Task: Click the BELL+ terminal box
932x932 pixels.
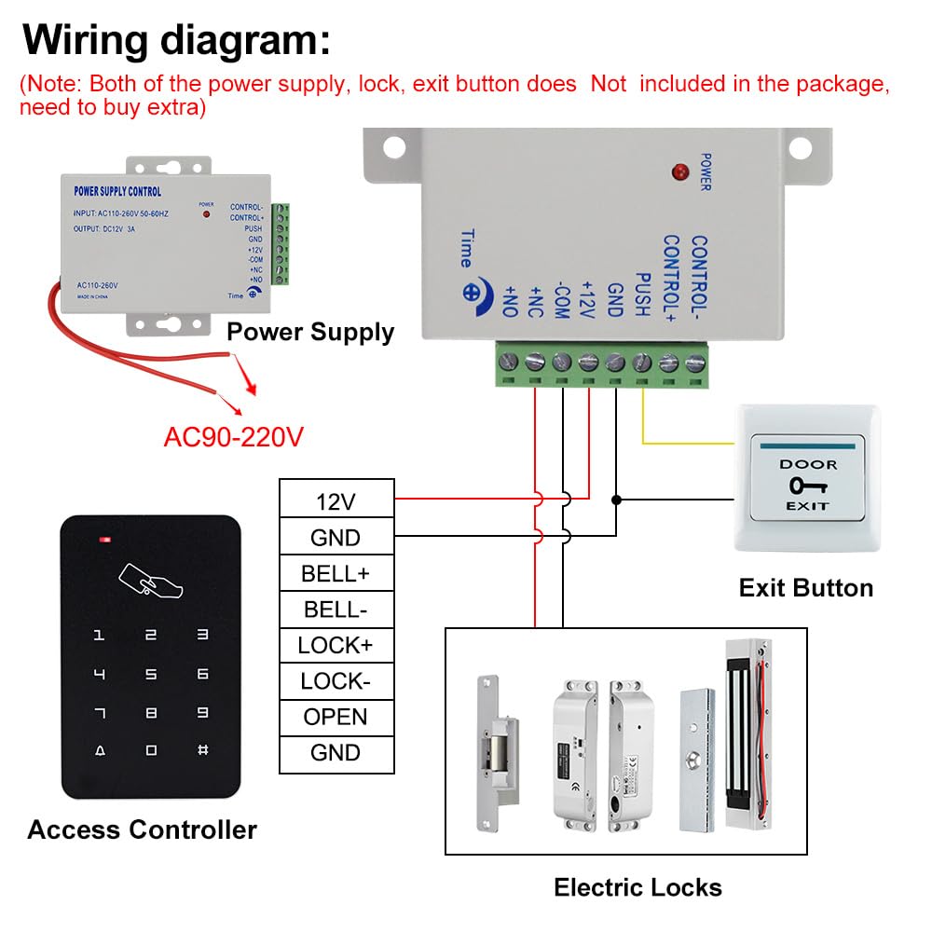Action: [336, 573]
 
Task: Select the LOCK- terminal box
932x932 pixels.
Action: [336, 681]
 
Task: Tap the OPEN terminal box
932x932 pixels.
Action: [336, 717]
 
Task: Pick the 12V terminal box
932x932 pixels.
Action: [336, 502]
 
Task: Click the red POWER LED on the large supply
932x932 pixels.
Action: [679, 172]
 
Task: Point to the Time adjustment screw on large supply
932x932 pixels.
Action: [470, 291]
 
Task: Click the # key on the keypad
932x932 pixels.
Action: [202, 750]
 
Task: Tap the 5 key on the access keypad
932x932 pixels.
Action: [151, 674]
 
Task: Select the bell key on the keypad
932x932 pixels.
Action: [100, 750]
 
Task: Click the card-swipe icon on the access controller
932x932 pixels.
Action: [150, 580]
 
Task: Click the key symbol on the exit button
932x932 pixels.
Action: [807, 486]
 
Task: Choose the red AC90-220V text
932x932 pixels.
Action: [233, 436]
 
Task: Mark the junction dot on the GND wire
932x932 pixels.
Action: [615, 500]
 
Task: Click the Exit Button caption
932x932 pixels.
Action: [805, 588]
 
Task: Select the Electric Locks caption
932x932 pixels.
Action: [637, 886]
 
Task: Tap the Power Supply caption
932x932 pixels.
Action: [310, 332]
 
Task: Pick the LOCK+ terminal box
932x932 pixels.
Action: [336, 645]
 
